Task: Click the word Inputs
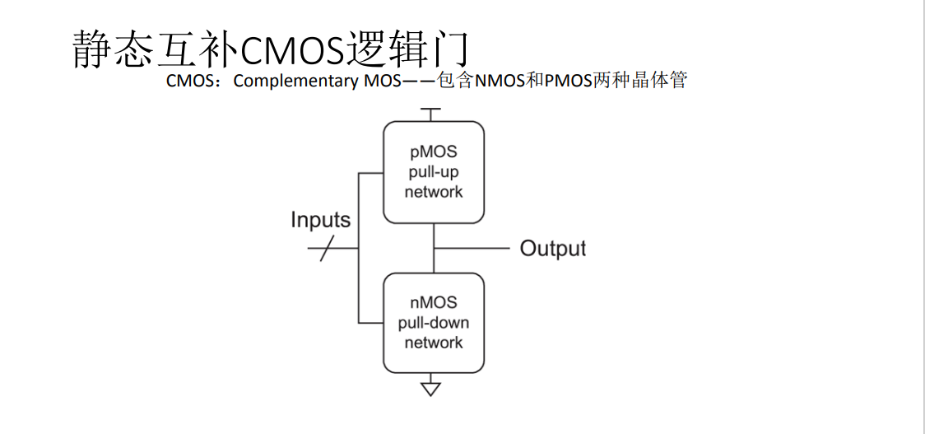[x=320, y=221]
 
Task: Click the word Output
[x=553, y=249]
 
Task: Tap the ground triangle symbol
[x=431, y=389]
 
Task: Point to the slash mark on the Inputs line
[x=327, y=248]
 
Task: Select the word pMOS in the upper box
[x=434, y=152]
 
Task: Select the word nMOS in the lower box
[x=434, y=303]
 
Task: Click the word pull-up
[x=434, y=172]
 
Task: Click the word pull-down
[x=434, y=323]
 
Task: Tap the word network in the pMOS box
[x=434, y=192]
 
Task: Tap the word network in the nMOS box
[x=434, y=343]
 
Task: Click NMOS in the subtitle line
[x=500, y=81]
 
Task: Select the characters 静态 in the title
[x=114, y=49]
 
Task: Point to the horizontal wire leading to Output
[x=472, y=248]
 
